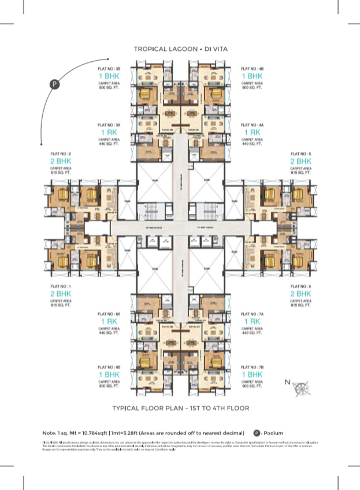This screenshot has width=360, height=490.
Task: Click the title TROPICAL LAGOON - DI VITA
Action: tap(180, 50)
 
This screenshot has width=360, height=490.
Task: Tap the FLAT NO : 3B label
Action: tap(109, 69)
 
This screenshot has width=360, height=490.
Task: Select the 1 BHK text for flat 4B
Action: tap(252, 76)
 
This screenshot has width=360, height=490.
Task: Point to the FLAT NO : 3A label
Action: tap(109, 125)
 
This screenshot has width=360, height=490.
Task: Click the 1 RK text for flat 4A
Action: tap(252, 132)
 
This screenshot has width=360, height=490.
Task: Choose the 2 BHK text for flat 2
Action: tap(61, 161)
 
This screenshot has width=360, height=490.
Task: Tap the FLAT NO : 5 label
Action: tap(300, 154)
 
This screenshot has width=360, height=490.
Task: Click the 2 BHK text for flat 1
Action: tap(61, 294)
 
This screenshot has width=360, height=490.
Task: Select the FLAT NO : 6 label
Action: tap(300, 287)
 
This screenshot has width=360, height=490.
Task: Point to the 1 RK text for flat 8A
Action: tap(109, 321)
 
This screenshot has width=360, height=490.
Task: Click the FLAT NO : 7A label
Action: tap(252, 314)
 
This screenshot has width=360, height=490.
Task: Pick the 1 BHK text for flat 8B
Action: tap(109, 374)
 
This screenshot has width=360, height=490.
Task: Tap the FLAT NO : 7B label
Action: tap(252, 367)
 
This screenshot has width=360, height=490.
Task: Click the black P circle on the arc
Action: tap(55, 84)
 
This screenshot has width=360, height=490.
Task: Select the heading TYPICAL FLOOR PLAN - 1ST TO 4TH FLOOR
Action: tap(180, 408)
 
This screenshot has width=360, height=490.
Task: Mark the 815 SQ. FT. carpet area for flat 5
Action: tap(300, 173)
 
